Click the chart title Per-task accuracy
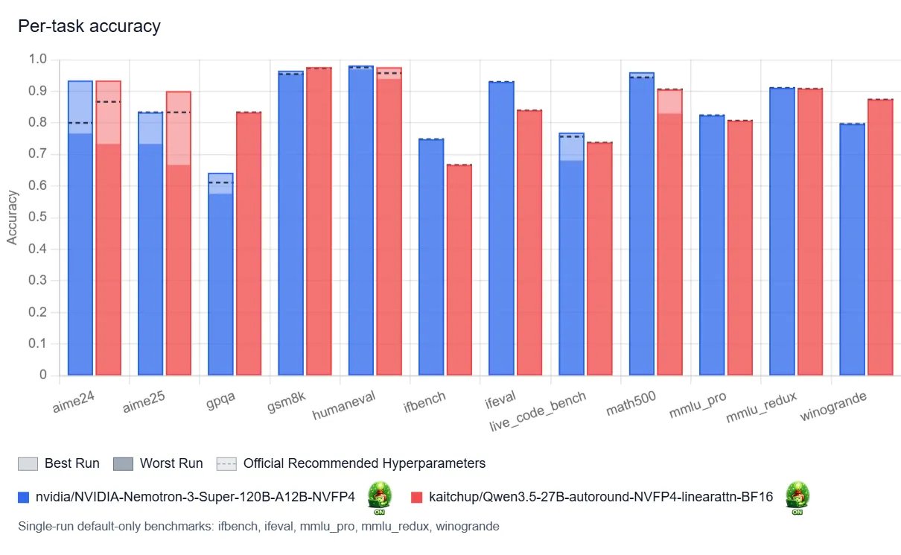89,27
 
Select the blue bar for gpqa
220,283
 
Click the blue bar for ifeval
501,231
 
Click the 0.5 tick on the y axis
38,218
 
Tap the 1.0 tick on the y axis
38,60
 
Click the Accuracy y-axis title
12,217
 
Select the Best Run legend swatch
28,463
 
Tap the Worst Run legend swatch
123,463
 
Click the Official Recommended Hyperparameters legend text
364,463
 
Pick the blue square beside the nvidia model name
23,497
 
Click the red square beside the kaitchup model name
417,497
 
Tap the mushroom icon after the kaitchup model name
797,497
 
